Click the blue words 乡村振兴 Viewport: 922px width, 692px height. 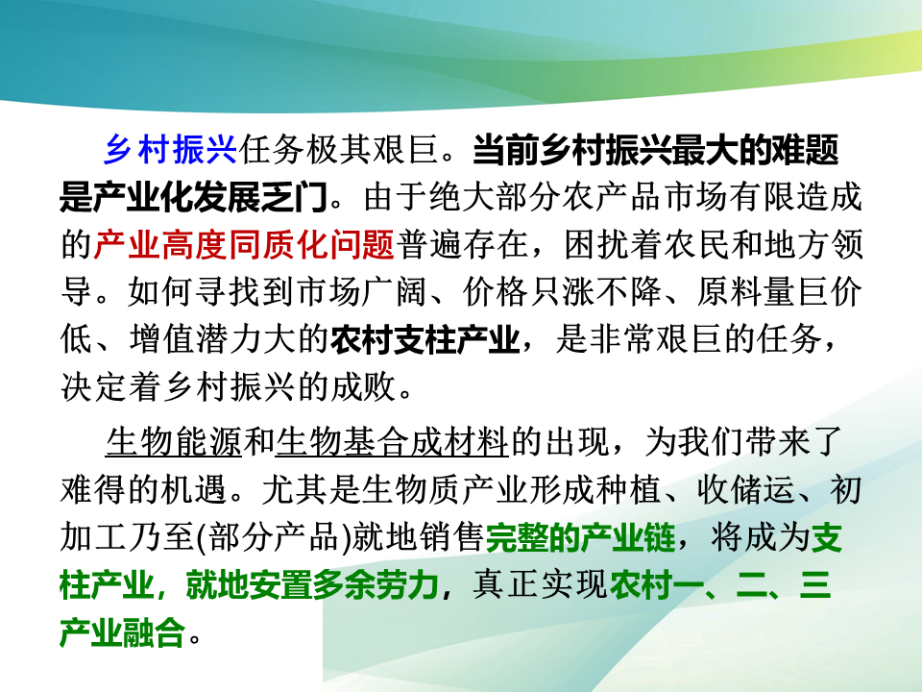171,150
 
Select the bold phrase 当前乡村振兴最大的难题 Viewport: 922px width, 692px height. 656,150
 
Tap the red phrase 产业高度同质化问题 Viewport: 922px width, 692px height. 244,244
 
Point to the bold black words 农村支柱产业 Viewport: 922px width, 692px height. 425,339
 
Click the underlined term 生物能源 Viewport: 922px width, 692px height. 174,442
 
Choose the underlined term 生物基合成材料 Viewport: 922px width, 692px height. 392,442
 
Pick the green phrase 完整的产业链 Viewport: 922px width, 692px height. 580,537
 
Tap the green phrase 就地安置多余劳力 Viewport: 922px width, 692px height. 312,585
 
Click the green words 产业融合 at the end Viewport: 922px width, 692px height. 123,632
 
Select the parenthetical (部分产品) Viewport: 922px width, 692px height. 273,537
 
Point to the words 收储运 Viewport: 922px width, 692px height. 745,490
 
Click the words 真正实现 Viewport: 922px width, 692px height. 539,585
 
